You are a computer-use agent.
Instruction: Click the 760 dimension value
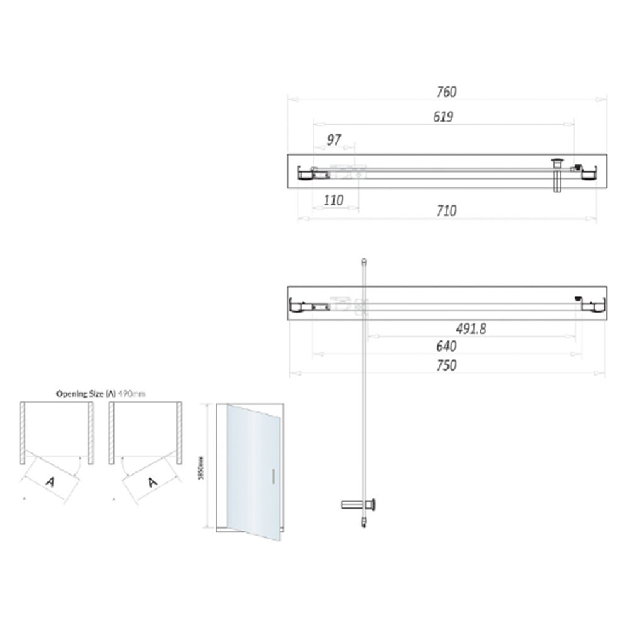tap(446, 92)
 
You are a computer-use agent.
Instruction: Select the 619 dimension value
tap(444, 117)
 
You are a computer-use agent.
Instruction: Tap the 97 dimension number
tap(333, 140)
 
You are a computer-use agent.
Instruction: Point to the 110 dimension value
tap(333, 200)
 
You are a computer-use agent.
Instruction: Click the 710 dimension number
tap(446, 210)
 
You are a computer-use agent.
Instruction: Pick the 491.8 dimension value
tap(471, 328)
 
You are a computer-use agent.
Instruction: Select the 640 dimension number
tap(446, 346)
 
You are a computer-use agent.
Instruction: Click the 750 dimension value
tap(446, 365)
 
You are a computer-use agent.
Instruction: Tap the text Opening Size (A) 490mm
tap(101, 393)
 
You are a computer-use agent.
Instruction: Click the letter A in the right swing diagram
tap(151, 482)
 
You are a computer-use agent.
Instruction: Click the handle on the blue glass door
tap(273, 476)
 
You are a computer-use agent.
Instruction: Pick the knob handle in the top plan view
tap(557, 163)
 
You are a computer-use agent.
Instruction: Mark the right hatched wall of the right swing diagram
tap(180, 432)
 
